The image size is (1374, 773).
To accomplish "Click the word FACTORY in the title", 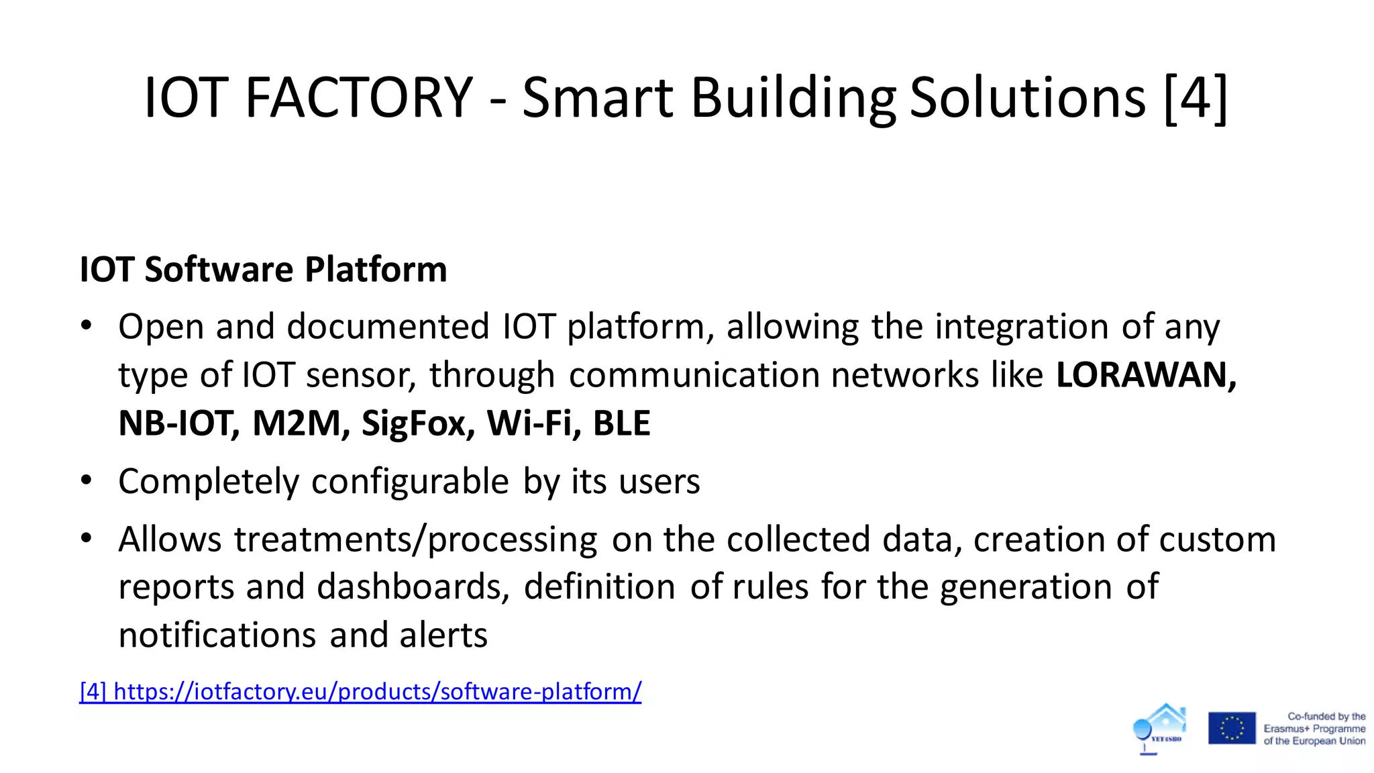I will click(359, 98).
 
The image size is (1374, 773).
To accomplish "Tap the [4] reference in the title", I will click(1196, 98).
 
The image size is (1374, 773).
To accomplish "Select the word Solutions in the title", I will click(1027, 98).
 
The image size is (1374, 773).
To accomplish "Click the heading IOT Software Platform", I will click(263, 270).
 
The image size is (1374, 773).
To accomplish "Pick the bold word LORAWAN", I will click(1145, 374).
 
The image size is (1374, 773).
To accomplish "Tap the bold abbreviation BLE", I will click(621, 423).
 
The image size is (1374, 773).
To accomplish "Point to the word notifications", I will click(217, 635).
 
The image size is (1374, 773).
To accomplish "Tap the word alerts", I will click(443, 635).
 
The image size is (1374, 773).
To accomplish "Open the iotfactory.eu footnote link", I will click(360, 691).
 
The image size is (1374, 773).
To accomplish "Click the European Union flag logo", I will click(1232, 728).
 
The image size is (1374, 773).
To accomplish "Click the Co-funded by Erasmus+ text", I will click(1314, 729).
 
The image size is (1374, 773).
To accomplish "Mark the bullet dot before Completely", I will click(86, 480).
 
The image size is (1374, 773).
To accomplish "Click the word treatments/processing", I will click(415, 539).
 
